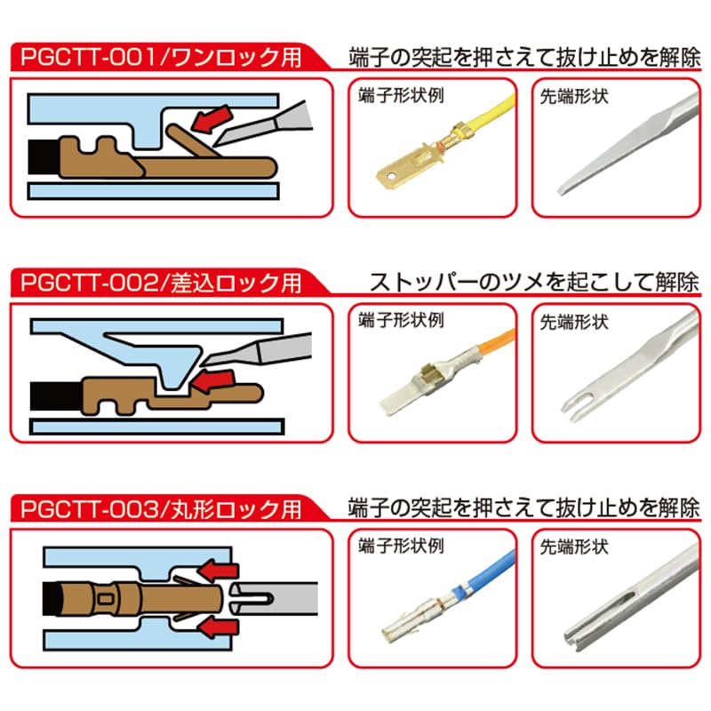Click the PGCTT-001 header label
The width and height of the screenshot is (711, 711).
point(161,58)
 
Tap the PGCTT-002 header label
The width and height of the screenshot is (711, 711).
point(161,283)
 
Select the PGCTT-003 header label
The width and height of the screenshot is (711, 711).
point(161,508)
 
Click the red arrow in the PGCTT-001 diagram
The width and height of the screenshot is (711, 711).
point(211,119)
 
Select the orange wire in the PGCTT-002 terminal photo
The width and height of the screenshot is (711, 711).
point(497,346)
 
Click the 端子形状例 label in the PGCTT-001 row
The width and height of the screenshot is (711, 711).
point(401,95)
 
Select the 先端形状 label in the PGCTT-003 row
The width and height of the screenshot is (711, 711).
point(574,547)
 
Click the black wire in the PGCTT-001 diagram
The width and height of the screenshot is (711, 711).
point(44,156)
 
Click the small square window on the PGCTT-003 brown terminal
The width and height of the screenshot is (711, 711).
point(106,599)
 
